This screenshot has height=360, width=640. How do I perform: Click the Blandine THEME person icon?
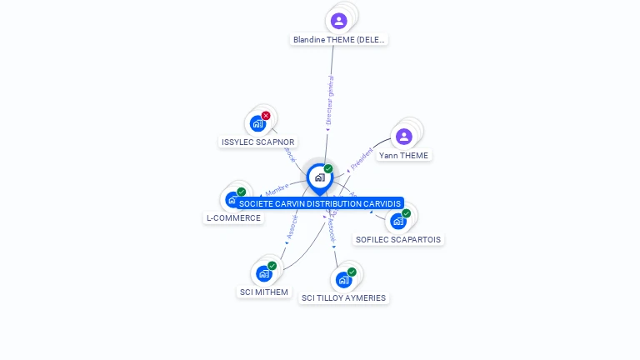338,21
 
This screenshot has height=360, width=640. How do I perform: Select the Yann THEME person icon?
404,137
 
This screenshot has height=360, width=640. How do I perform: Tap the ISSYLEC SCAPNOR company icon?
257,123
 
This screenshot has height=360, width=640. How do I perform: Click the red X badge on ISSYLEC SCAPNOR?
266,116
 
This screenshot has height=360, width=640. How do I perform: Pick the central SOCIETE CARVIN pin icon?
319,177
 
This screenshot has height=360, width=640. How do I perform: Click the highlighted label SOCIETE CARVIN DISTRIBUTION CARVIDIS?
319,203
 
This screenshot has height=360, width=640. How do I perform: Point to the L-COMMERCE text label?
234,218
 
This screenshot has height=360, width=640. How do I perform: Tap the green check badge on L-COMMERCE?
242,192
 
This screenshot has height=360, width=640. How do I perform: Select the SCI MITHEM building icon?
264,273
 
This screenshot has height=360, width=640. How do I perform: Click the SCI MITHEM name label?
264,292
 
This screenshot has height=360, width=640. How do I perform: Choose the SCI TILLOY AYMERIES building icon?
343,280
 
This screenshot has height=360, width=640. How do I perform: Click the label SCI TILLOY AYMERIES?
344,298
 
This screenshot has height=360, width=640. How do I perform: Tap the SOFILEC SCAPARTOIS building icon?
397,221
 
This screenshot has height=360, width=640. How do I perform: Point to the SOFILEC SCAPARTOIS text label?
398,240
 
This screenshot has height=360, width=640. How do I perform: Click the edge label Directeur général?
330,100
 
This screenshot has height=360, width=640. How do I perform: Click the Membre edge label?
277,188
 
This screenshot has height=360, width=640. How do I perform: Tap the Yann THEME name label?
404,156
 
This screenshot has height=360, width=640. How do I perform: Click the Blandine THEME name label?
339,39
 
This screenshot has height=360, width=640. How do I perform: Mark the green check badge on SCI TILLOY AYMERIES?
352,272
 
